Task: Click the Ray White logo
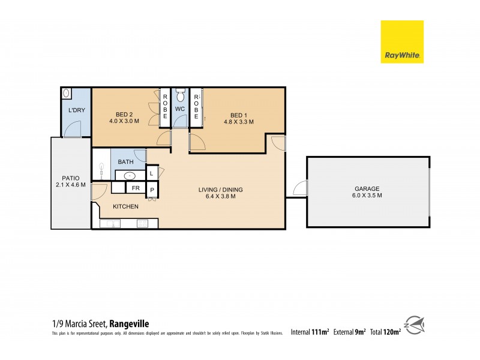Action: coord(402,41)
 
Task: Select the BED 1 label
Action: coord(239,115)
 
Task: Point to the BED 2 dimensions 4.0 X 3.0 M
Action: coord(124,121)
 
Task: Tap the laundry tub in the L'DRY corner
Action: coord(67,94)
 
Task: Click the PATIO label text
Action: coord(71,178)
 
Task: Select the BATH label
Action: coord(125,162)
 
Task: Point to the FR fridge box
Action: coord(136,188)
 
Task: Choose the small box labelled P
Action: coord(152,190)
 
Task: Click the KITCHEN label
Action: coord(126,206)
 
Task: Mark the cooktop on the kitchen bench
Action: coord(143,224)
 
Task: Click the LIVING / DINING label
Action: coord(221,190)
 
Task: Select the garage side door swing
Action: coord(299,188)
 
